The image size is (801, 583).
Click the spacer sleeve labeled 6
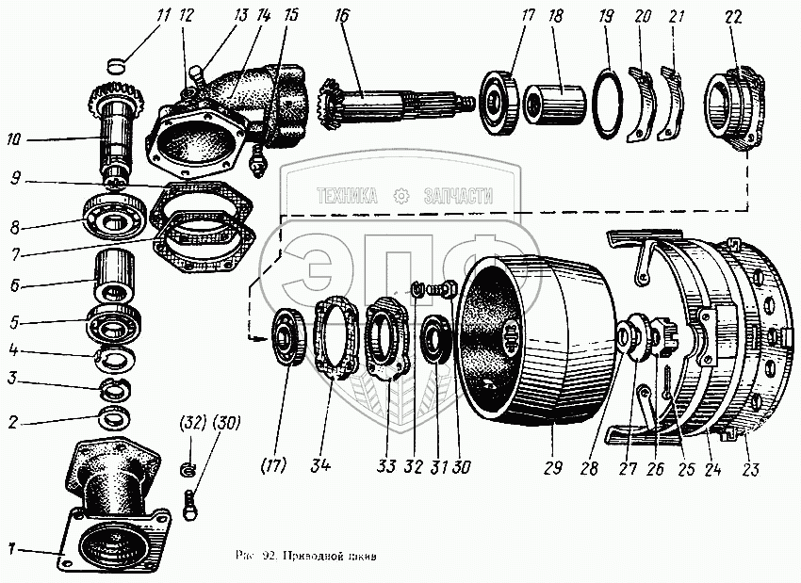coord(116,274)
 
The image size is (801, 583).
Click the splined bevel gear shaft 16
coord(396,98)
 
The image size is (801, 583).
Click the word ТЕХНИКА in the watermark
coord(347,196)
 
